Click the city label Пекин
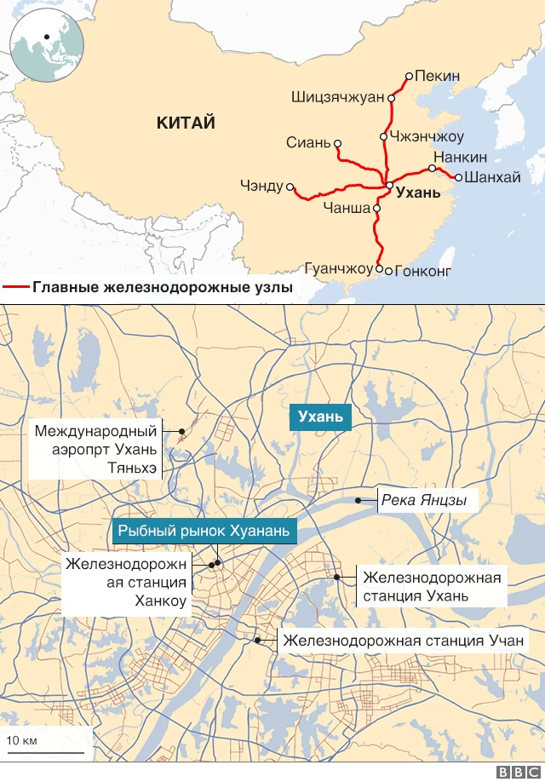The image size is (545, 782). [439, 76]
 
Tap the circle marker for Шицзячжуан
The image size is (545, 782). [392, 98]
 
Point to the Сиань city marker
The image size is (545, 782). [338, 143]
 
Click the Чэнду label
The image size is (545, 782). [261, 185]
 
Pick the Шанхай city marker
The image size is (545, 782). [458, 177]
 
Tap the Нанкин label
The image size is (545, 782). [460, 158]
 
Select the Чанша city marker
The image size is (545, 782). [376, 207]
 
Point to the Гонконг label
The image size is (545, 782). [423, 272]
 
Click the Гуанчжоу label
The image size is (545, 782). [339, 269]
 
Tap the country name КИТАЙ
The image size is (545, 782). [186, 123]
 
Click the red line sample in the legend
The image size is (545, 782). [16, 288]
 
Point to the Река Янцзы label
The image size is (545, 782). [423, 500]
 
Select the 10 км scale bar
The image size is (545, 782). [46, 751]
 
